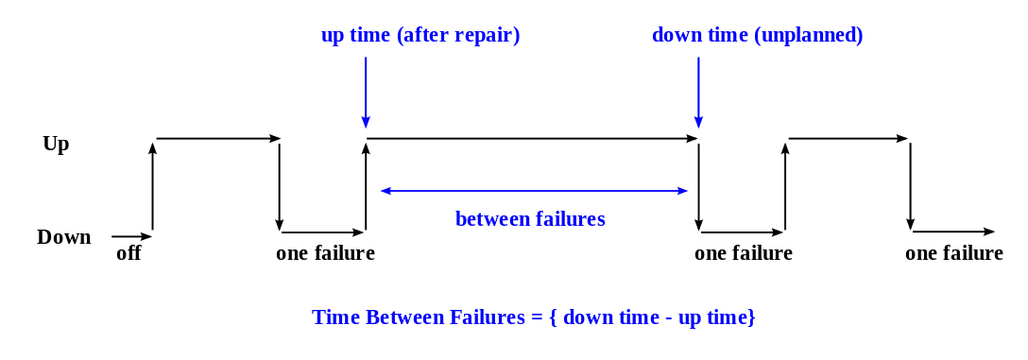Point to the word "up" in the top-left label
click(x=333, y=37)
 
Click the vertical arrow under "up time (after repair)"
click(x=366, y=90)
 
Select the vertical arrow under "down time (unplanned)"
click(x=698, y=90)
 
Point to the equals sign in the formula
click(x=538, y=318)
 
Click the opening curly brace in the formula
click(x=554, y=318)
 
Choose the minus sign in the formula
click(x=666, y=318)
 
